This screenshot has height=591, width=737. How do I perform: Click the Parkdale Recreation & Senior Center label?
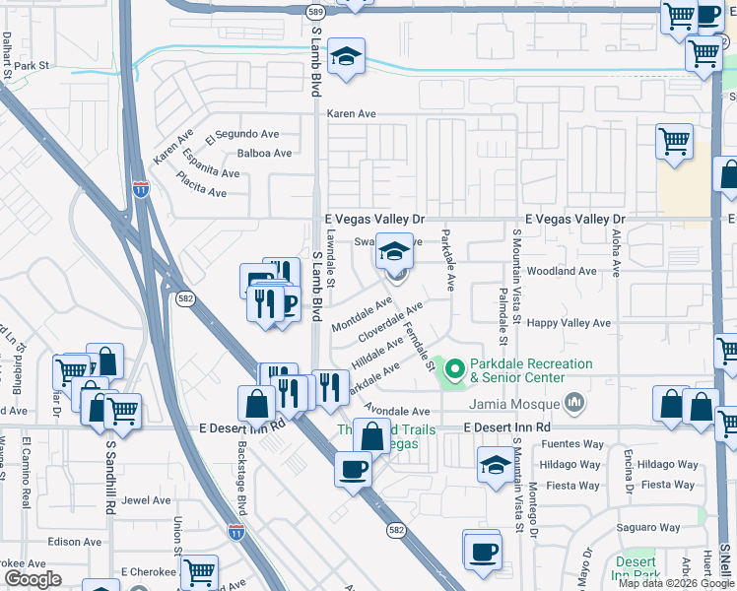click(532, 370)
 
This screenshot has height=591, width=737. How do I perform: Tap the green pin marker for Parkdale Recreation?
click(454, 370)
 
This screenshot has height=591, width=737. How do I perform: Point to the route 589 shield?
click(315, 12)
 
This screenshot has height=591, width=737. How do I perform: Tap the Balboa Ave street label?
click(264, 154)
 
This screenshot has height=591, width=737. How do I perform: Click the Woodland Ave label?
click(563, 271)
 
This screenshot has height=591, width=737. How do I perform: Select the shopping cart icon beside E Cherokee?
click(200, 570)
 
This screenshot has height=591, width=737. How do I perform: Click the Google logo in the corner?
click(33, 579)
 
